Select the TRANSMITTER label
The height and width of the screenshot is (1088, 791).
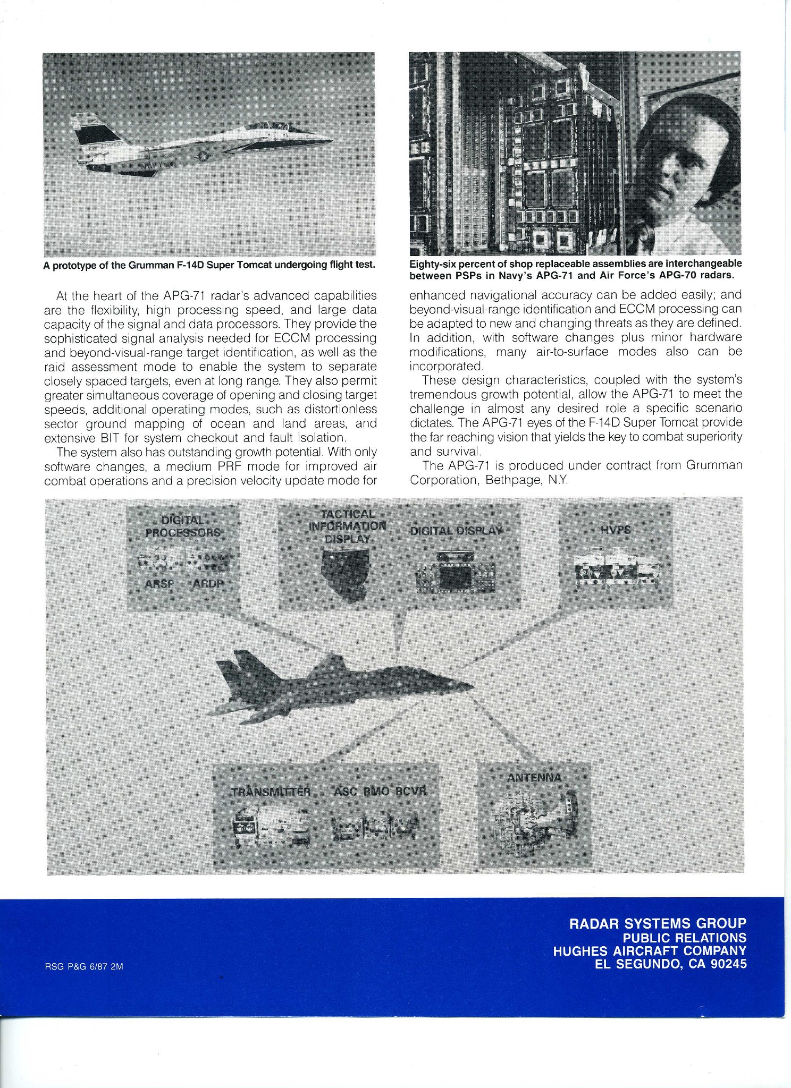pyautogui.click(x=271, y=792)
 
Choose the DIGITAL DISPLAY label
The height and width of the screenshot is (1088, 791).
pyautogui.click(x=456, y=530)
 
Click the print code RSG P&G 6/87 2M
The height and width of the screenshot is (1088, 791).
pyautogui.click(x=84, y=967)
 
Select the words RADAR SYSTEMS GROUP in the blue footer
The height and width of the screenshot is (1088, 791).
pyautogui.click(x=658, y=923)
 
